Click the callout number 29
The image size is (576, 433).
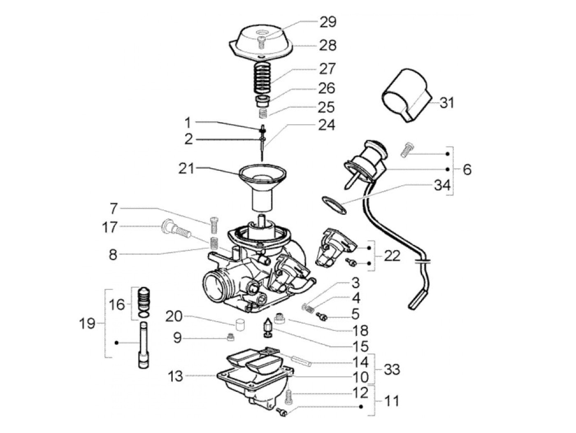point(328,22)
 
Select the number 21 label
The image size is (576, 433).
point(186,168)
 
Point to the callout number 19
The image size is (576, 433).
point(87,324)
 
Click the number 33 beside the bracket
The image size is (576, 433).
point(392,369)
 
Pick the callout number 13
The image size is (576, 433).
point(176,376)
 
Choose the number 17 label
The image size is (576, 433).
point(110,227)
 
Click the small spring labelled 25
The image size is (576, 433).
point(263,112)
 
